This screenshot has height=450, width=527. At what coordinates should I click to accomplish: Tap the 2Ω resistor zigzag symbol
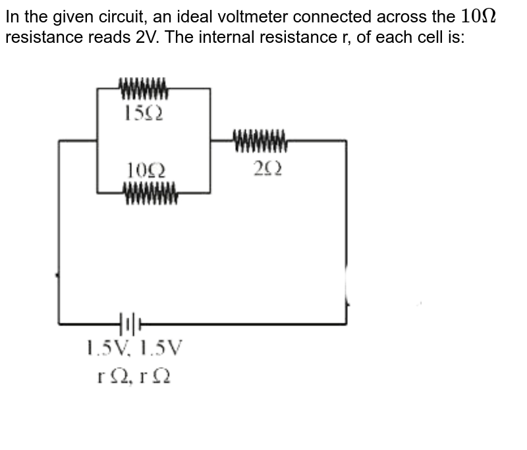[260, 140]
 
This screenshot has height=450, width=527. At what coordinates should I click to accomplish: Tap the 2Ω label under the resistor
[267, 170]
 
